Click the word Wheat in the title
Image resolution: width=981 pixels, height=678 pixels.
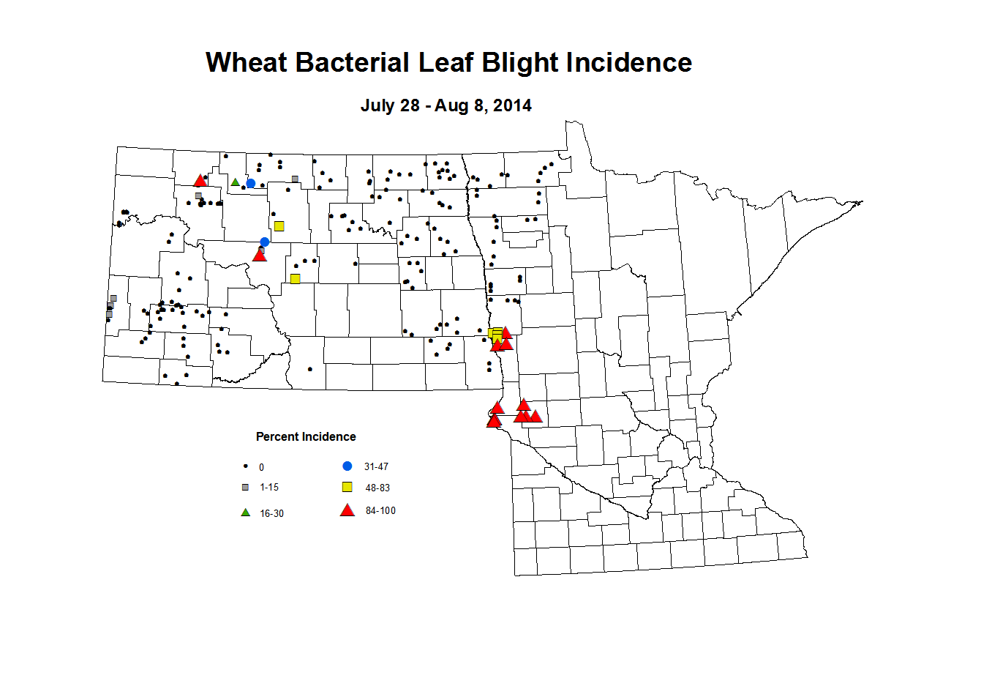click(246, 63)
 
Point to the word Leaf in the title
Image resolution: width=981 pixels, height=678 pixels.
click(443, 63)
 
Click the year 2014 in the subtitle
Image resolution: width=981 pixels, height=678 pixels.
click(512, 105)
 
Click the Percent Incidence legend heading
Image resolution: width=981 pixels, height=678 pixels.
click(306, 437)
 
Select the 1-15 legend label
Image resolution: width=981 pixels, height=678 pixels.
click(269, 488)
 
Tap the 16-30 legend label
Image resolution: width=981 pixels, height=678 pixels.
click(271, 514)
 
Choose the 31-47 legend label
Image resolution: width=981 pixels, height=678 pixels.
click(376, 467)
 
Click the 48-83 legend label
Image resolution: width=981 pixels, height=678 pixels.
click(377, 488)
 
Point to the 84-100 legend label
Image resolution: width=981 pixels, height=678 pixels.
click(380, 511)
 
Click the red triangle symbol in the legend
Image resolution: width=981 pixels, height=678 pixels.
click(347, 510)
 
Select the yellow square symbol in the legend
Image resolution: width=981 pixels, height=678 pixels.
click(347, 488)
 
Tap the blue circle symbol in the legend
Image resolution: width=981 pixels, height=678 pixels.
click(347, 466)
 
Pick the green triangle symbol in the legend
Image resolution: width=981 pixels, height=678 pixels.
click(246, 513)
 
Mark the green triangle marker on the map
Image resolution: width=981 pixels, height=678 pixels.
click(236, 182)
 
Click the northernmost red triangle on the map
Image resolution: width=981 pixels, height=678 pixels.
click(200, 180)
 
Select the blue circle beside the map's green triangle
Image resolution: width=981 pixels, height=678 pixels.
click(251, 183)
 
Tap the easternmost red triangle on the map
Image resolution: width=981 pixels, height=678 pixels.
click(535, 416)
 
